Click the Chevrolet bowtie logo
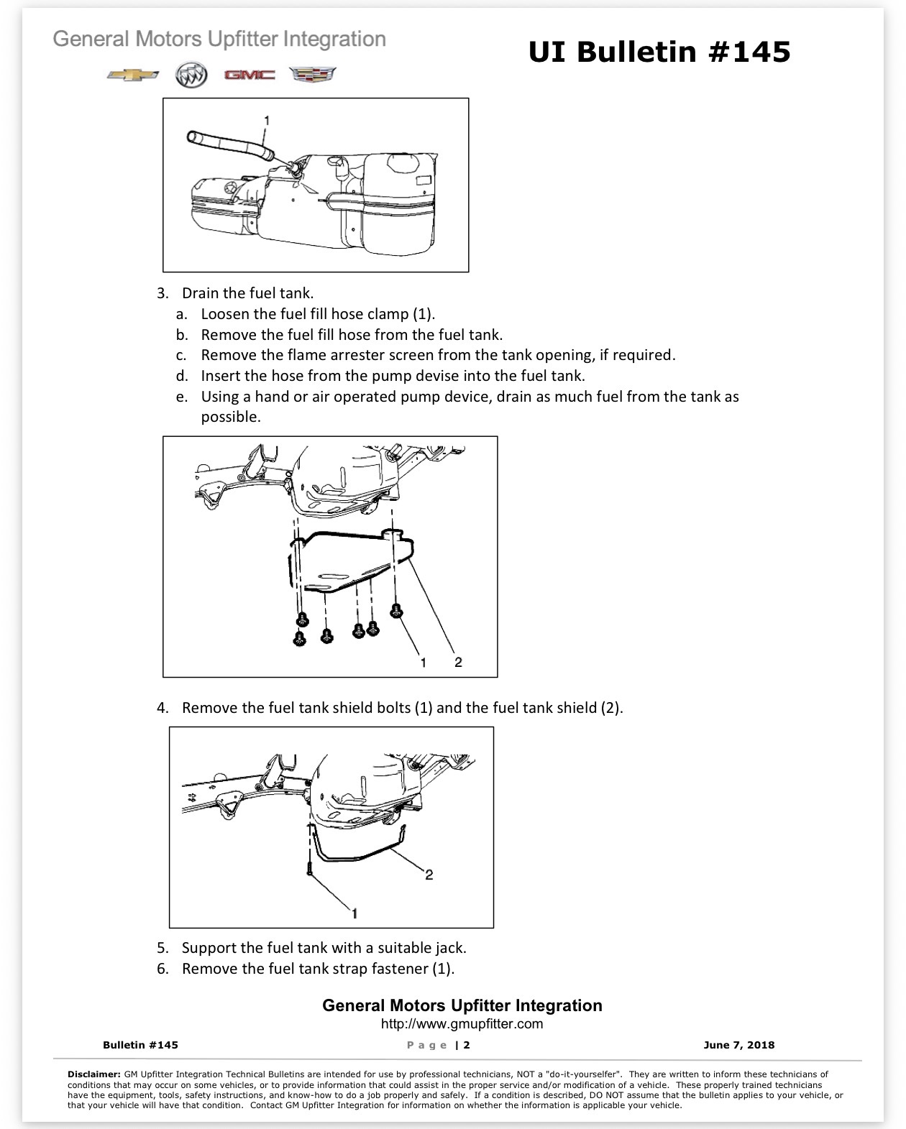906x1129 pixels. pos(132,75)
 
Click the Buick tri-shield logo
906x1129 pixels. pos(191,75)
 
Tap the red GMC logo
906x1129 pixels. pos(250,75)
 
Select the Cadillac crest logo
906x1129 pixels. pos(312,75)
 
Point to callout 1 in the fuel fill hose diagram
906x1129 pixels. pos(267,121)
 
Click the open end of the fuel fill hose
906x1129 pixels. pos(193,137)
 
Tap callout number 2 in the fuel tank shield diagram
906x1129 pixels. pos(458,662)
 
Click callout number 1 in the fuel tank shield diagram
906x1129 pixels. pos(423,663)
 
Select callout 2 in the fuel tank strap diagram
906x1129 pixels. pos(429,875)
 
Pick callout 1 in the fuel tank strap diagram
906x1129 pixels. pos(354,913)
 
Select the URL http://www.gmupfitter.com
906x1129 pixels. pos(462,1023)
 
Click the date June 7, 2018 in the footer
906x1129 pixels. pos(739,1045)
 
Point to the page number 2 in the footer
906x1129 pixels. pos(467,1045)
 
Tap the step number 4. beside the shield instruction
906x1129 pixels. pos(163,708)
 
